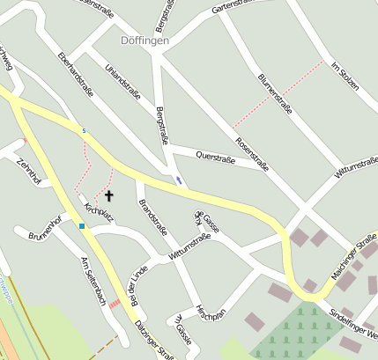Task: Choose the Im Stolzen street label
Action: [346, 78]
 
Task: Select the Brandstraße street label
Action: [153, 217]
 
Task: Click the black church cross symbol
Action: [109, 195]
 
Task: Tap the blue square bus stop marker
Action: [82, 226]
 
